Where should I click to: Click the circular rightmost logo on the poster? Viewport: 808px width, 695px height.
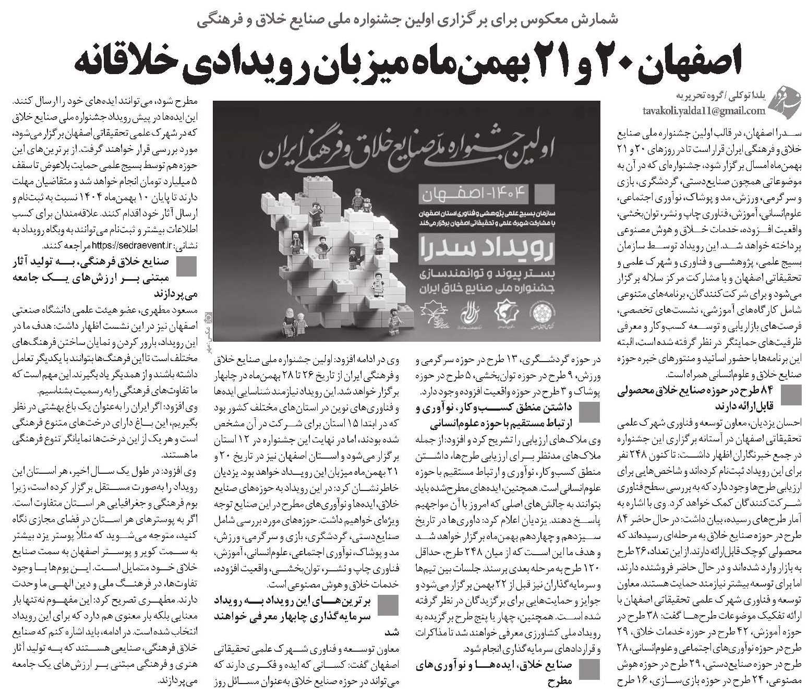tap(540, 314)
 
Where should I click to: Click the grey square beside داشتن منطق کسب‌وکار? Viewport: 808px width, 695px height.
tap(589, 413)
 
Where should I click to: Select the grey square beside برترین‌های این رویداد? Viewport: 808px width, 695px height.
tap(388, 606)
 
